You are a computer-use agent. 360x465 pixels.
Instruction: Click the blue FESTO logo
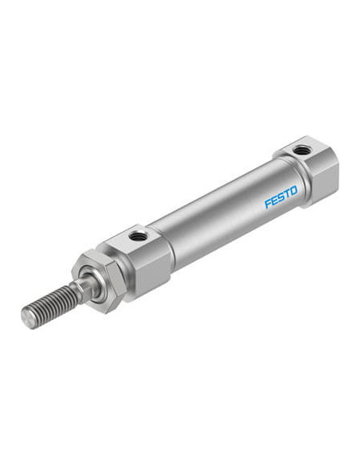pyautogui.click(x=280, y=197)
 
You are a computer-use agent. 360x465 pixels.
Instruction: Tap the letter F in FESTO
pyautogui.click(x=268, y=204)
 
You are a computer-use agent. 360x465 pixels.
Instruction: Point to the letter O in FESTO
pyautogui.click(x=293, y=190)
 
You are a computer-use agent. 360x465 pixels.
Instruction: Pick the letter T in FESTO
pyautogui.click(x=287, y=194)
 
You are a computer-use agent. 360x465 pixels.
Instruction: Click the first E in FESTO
pyautogui.click(x=274, y=200)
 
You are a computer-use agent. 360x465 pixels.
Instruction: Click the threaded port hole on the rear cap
pyautogui.click(x=301, y=150)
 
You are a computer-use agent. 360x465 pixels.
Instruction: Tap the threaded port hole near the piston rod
pyautogui.click(x=137, y=236)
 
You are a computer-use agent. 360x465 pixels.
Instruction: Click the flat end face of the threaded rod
pyautogui.click(x=27, y=318)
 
